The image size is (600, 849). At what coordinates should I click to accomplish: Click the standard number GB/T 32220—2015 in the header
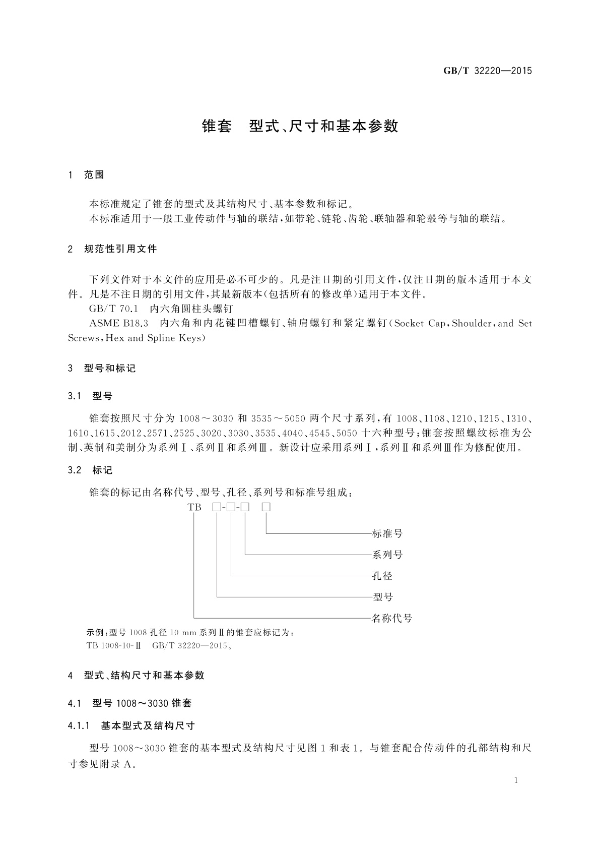point(488,71)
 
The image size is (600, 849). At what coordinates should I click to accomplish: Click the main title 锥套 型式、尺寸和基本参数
point(300,126)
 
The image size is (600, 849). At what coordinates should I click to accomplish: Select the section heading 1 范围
point(86,174)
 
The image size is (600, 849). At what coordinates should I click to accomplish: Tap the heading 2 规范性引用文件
point(112,249)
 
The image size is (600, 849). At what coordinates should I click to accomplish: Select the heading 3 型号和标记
point(102,368)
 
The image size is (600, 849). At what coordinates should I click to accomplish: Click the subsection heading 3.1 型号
point(90,396)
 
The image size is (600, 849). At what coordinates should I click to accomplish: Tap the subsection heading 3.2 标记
point(90,470)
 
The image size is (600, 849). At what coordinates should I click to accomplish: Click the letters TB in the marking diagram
point(194,507)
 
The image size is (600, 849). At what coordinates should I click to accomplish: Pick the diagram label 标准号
point(387,533)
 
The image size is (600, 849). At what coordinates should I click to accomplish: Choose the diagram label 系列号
point(387,555)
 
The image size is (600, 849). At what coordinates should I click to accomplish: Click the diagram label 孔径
point(382,576)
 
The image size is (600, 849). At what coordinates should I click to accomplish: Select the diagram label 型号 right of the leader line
point(382,597)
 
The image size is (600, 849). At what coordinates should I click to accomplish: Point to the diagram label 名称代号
point(392,618)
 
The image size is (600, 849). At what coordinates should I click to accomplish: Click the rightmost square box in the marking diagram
point(266,507)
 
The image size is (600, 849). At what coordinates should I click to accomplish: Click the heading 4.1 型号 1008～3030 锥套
point(129,703)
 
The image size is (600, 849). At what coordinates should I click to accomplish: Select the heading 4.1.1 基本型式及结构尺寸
point(131,725)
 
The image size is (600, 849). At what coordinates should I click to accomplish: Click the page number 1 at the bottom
point(516,780)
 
